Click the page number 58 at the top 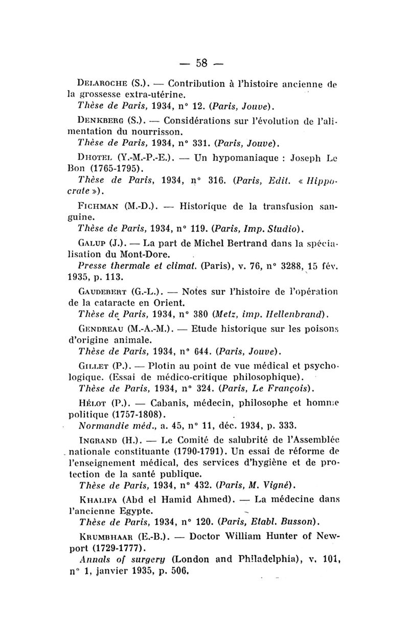[x=202, y=63]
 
